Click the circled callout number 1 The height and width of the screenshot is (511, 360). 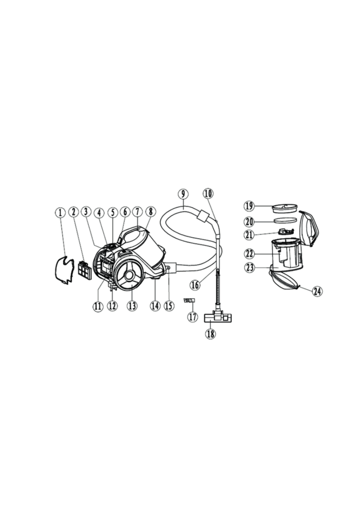click(60, 213)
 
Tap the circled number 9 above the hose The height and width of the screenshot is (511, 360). click(183, 194)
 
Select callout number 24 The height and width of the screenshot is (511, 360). click(318, 291)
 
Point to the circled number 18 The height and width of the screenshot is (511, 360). click(210, 334)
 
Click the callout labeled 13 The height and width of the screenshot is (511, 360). click(132, 306)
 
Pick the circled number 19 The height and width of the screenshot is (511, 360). click(250, 206)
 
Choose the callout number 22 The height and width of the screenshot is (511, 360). click(250, 253)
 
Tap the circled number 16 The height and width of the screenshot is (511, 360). click(195, 285)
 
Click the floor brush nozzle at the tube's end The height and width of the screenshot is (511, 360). click(215, 318)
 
